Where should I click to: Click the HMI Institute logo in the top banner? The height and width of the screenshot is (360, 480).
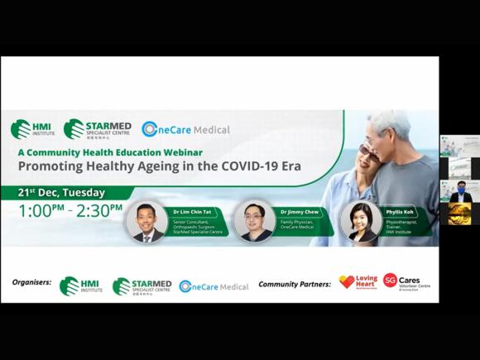[x=33, y=129]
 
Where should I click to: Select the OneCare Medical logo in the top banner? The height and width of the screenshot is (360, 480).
[x=185, y=129]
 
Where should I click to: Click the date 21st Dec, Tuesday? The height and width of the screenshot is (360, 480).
[x=62, y=192]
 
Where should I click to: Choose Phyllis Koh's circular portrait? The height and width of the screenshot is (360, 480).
[x=358, y=222]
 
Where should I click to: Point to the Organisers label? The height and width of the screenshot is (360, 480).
[x=31, y=282]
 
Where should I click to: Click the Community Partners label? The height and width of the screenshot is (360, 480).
[x=295, y=284]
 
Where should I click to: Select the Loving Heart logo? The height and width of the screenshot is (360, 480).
[x=358, y=282]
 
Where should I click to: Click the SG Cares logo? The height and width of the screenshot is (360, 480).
[x=406, y=282]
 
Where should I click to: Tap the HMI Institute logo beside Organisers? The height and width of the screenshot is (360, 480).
[x=81, y=286]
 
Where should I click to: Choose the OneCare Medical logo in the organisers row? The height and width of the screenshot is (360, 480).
[x=214, y=286]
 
